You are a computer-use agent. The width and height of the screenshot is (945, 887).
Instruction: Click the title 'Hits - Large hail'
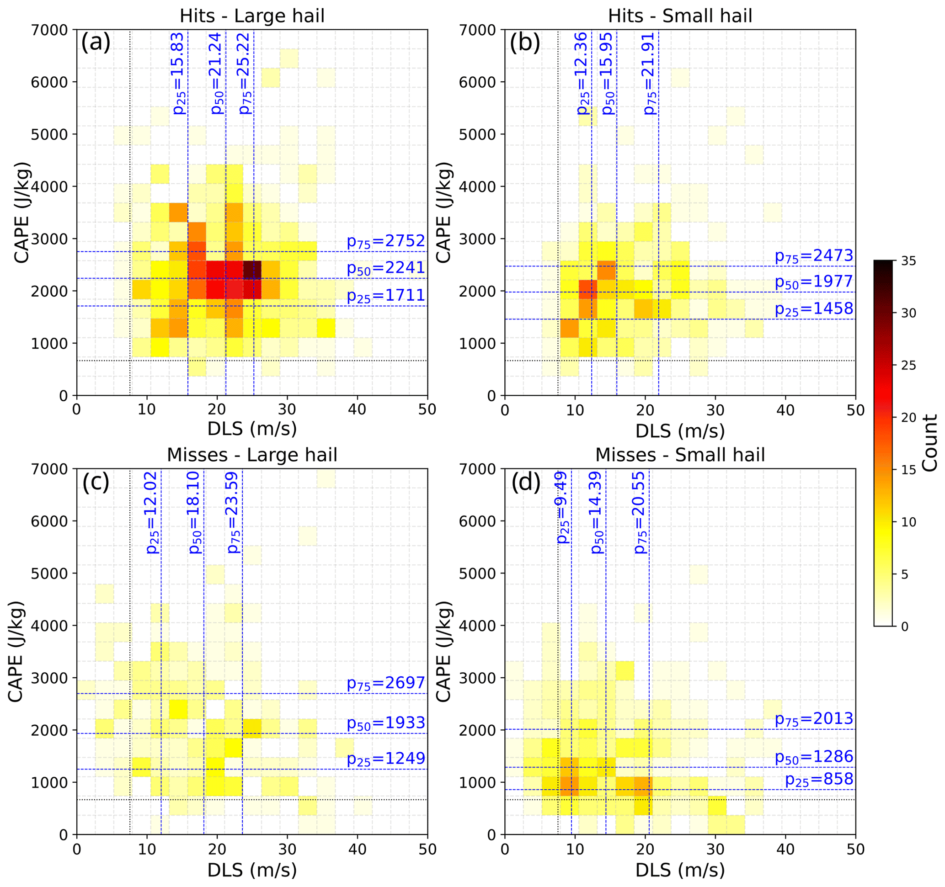coord(252,16)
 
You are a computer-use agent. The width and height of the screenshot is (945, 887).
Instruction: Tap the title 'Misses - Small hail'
coord(680,455)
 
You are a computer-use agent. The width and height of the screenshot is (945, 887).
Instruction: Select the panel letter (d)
coord(526,483)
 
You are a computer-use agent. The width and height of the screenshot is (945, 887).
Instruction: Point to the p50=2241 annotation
coord(385,268)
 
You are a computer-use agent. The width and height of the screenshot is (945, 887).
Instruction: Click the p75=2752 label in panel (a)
coord(385,241)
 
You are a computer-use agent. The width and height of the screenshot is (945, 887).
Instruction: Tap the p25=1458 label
coord(814,309)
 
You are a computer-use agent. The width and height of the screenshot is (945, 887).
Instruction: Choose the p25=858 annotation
coord(818,780)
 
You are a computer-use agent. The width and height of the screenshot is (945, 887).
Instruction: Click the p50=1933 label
coord(385,723)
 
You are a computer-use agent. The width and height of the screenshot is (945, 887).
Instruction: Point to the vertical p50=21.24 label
coord(216,73)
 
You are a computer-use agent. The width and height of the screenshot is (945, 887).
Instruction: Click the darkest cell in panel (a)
coord(252,270)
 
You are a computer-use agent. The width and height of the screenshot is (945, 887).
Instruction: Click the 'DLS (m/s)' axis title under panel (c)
coord(252,870)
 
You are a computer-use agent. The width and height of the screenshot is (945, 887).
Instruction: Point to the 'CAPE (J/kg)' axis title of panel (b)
coord(443,212)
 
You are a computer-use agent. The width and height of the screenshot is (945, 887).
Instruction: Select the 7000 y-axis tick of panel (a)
coord(49,30)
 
